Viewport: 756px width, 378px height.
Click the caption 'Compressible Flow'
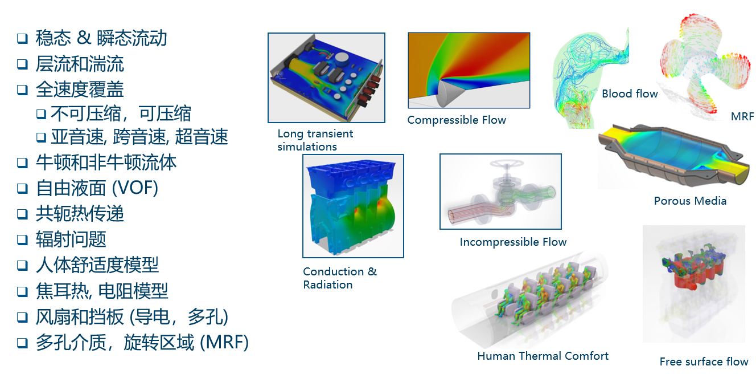[x=457, y=120]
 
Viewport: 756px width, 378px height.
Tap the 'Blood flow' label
[x=630, y=94]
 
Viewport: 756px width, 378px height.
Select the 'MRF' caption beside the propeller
[x=742, y=117]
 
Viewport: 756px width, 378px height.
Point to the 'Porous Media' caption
[x=690, y=201]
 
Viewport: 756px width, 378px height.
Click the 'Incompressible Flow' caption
[x=513, y=242]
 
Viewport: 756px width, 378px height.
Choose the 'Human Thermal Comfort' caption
[x=543, y=356]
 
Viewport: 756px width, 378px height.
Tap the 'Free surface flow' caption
[x=704, y=362]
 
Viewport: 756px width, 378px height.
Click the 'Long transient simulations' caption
[x=315, y=140]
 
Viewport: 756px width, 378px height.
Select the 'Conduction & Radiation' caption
[x=339, y=278]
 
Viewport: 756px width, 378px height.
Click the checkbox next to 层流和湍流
[x=23, y=63]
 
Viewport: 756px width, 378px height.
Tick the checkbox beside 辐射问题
[x=23, y=239]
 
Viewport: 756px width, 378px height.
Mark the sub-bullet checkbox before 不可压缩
[x=41, y=113]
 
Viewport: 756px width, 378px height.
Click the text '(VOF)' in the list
[x=135, y=188]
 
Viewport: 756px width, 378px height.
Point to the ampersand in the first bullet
[x=84, y=37]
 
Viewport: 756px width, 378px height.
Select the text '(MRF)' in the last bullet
[x=224, y=342]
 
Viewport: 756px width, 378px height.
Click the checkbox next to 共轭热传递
[x=23, y=214]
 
